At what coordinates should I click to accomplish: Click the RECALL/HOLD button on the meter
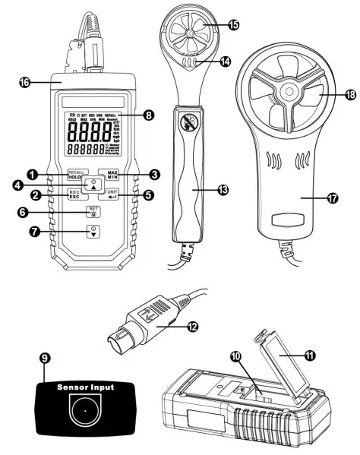75,174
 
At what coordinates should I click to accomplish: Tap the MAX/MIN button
112,174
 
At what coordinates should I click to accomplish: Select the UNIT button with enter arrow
112,195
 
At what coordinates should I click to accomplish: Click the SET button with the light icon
93,211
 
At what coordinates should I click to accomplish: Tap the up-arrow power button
93,185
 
